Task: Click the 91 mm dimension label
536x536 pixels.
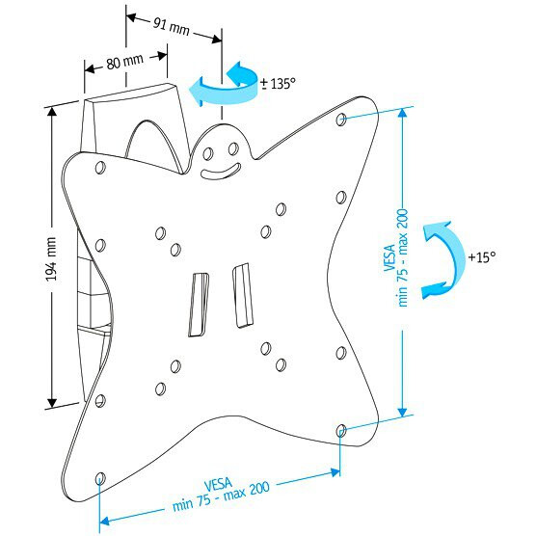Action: (x=171, y=27)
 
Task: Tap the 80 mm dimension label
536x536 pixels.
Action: (x=124, y=62)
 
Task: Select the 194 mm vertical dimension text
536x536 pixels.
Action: (x=51, y=259)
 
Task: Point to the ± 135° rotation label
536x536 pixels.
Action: (x=278, y=84)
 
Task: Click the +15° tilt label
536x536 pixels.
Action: (x=482, y=257)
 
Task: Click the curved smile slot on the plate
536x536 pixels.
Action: (x=221, y=172)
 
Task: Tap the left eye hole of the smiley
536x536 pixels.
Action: (x=208, y=153)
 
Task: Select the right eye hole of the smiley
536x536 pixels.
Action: (x=233, y=149)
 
